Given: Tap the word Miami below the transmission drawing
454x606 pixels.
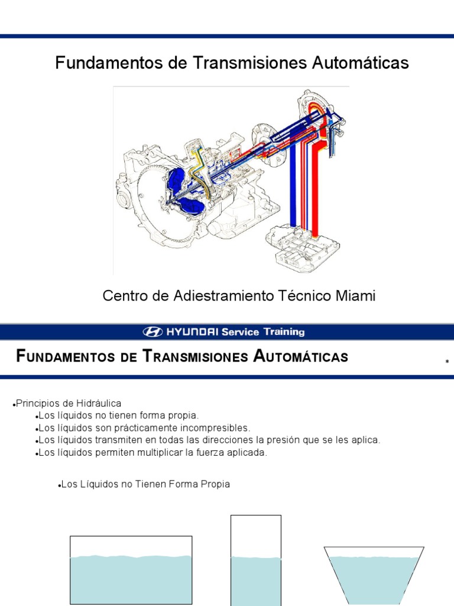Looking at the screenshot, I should pos(356,296).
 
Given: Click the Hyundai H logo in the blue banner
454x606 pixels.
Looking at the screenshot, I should pos(153,332).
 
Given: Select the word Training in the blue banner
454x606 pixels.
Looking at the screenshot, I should pos(283,332).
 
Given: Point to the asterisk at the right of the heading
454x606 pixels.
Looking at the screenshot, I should pos(447,362).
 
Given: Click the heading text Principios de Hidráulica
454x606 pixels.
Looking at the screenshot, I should pos(69,403).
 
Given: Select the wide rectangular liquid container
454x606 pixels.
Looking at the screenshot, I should pos(131,571).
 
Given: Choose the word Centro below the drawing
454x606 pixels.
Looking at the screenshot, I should pos(124,296).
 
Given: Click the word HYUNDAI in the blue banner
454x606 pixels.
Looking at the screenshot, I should pos(191,332).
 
